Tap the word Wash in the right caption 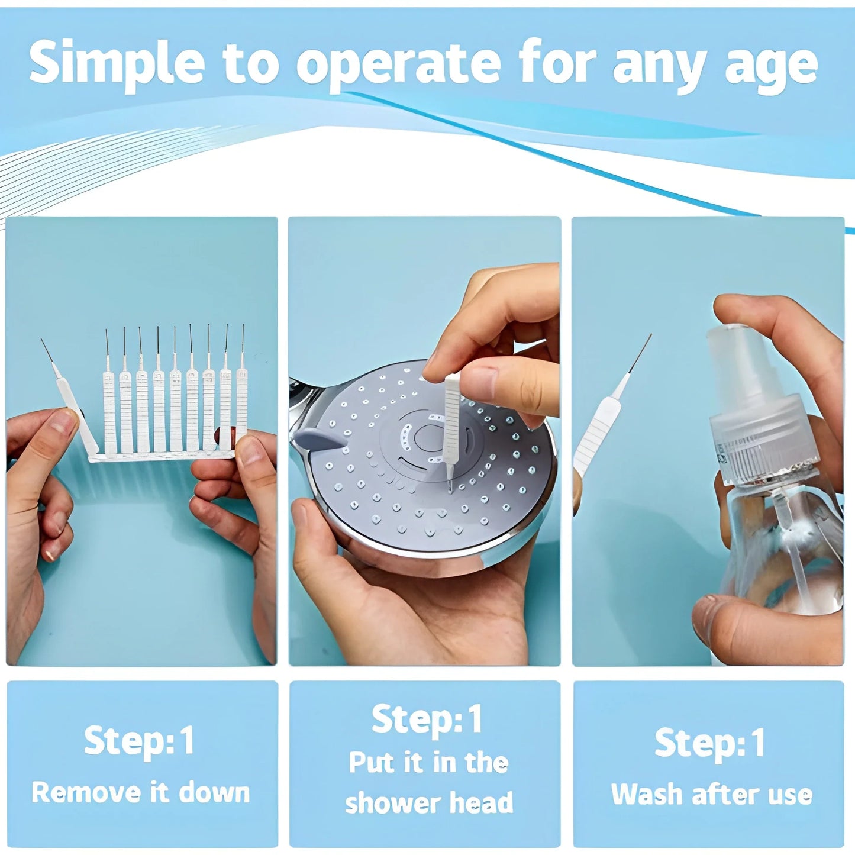[646, 794]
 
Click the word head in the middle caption [480, 803]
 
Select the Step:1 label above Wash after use [709, 743]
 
